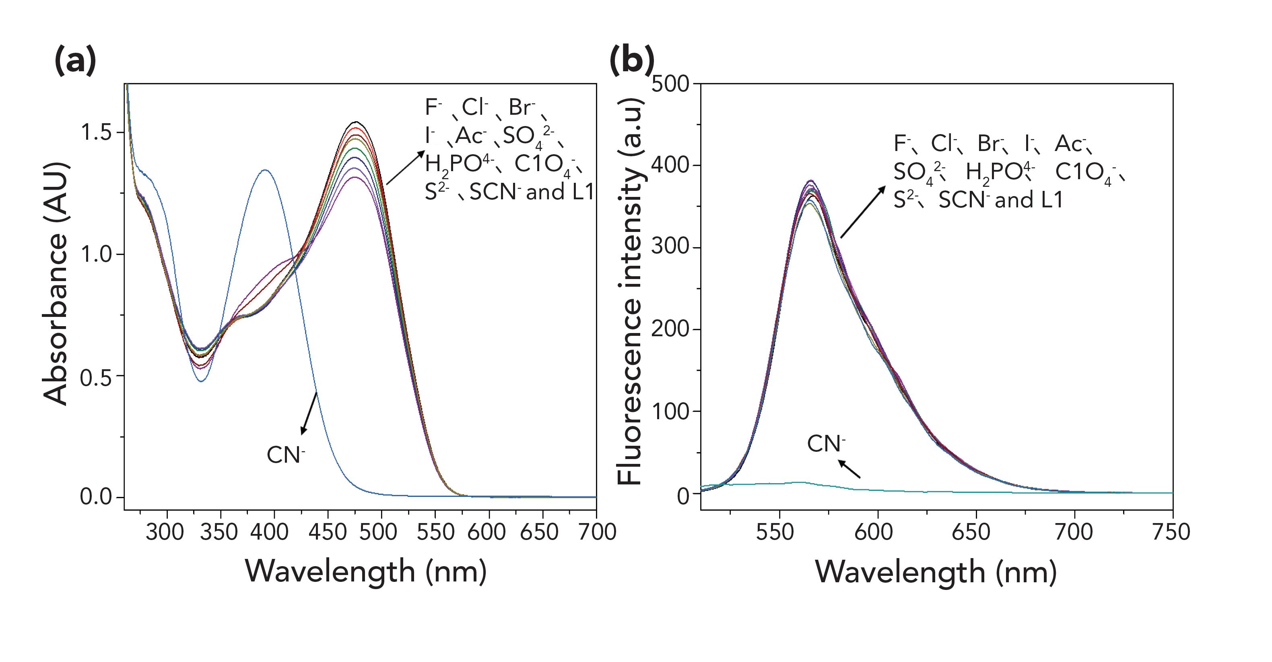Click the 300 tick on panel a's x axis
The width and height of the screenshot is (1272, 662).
pyautogui.click(x=165, y=532)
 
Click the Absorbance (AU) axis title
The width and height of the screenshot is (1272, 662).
pyautogui.click(x=55, y=284)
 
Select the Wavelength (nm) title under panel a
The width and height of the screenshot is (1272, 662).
pyautogui.click(x=366, y=571)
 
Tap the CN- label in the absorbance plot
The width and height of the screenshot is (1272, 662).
pyautogui.click(x=285, y=455)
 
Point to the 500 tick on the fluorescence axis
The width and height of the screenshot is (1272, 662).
pyautogui.click(x=670, y=84)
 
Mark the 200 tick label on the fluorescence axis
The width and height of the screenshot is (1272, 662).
pyautogui.click(x=670, y=329)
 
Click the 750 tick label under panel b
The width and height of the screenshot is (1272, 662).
pyautogui.click(x=1171, y=532)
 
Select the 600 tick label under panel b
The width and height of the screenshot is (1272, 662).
pyautogui.click(x=874, y=532)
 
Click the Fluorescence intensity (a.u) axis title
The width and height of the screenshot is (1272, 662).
pyautogui.click(x=630, y=292)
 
